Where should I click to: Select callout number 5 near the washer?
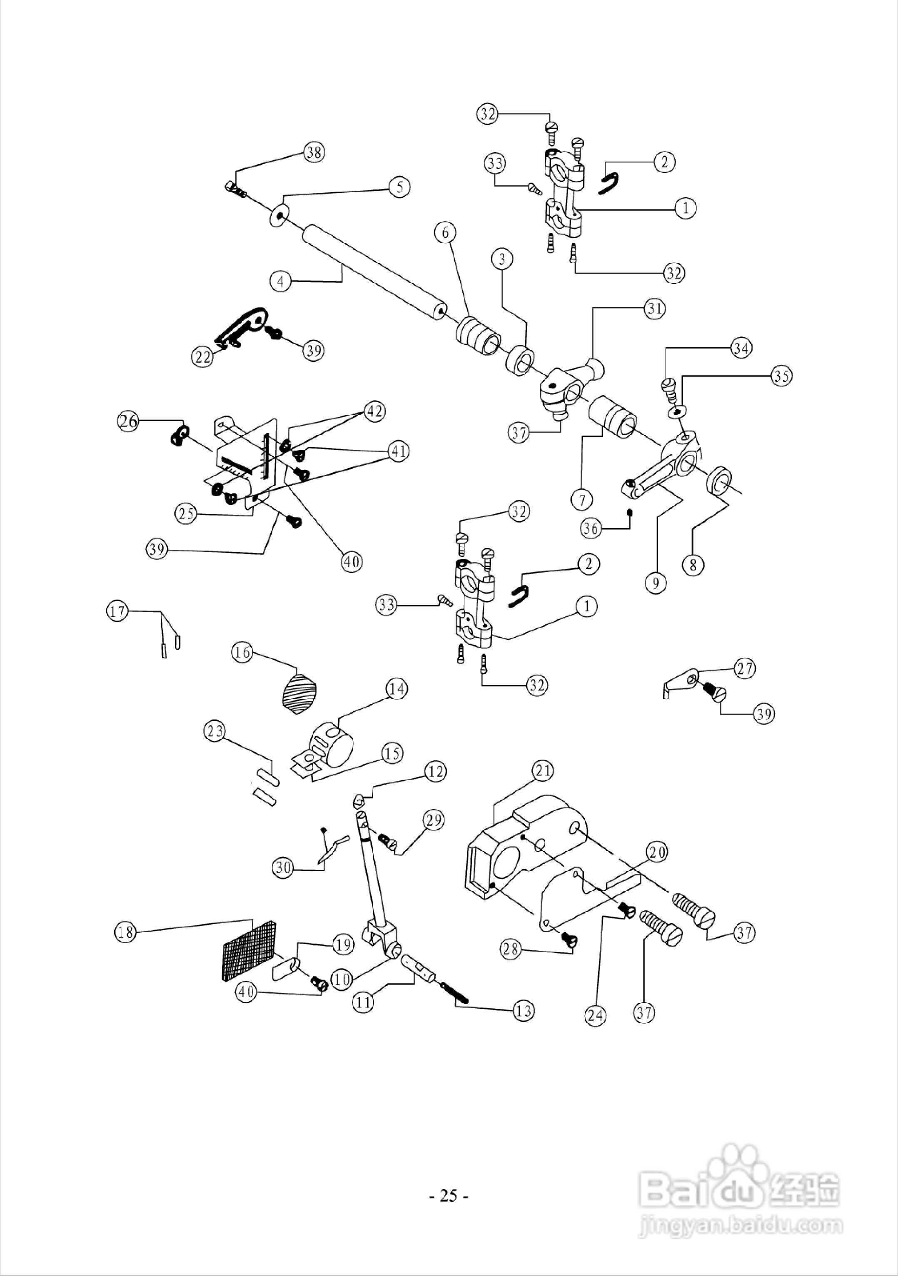point(399,187)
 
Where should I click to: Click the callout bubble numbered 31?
point(655,309)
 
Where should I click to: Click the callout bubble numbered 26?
point(128,421)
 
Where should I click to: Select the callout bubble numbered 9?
point(656,583)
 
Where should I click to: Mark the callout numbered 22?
point(203,356)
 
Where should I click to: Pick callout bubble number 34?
point(741,349)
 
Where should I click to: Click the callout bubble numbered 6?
point(445,233)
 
